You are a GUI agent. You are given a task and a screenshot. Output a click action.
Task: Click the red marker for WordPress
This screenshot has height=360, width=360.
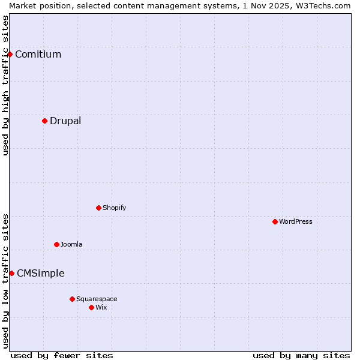[x=275, y=221]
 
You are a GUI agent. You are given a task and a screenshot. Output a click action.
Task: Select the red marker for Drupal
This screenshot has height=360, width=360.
[x=44, y=121]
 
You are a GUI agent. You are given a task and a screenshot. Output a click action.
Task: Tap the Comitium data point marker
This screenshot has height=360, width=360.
[x=10, y=54]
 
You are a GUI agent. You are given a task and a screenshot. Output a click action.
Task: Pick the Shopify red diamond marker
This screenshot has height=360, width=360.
[x=98, y=208]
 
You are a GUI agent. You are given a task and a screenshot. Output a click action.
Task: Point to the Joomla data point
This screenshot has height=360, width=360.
[x=56, y=244]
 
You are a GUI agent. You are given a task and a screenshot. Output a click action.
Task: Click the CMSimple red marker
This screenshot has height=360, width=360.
[x=11, y=273]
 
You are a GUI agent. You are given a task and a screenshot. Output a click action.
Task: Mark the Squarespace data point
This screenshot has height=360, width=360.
[x=72, y=299]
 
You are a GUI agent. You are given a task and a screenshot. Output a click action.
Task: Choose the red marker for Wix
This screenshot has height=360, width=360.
[x=91, y=307]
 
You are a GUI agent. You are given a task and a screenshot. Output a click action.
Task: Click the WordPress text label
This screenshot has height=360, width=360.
[x=296, y=221]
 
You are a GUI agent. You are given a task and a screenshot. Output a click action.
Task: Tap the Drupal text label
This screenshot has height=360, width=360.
[x=65, y=121]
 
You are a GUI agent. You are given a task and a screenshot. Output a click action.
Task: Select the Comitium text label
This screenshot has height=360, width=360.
[x=38, y=54]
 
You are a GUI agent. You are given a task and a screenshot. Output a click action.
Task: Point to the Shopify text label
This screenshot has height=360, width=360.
[x=115, y=208]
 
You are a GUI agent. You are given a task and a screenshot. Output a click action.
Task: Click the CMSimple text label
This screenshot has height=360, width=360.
[x=40, y=273]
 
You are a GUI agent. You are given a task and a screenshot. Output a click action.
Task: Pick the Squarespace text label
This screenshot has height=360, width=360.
[x=97, y=299]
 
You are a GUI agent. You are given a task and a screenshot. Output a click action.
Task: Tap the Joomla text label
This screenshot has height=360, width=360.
[x=71, y=244]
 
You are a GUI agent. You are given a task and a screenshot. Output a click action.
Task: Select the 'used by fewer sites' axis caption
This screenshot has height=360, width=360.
[x=62, y=355]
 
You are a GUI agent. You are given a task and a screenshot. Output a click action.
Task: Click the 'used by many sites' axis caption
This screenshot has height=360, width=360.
[x=301, y=355]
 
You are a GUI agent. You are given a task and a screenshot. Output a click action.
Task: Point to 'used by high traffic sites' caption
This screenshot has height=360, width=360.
[x=5, y=85]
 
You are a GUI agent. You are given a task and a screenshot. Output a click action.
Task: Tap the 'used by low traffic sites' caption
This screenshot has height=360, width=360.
[x=5, y=280]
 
